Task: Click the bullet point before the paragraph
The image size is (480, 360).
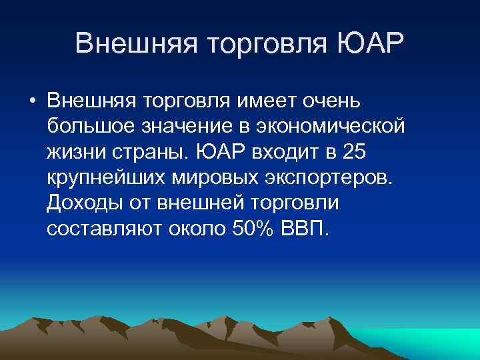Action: (32, 101)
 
